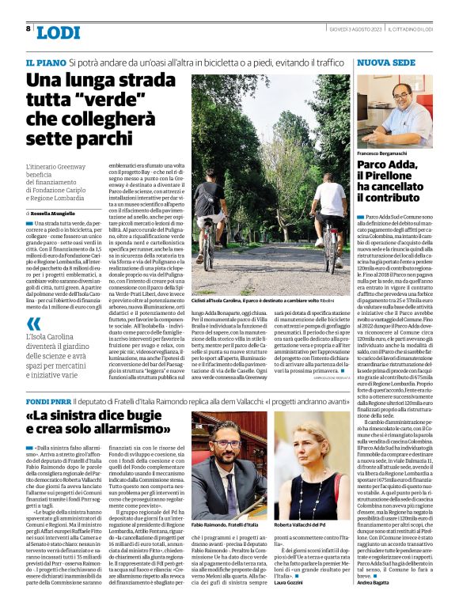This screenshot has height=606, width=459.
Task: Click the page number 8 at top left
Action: tap(28, 28)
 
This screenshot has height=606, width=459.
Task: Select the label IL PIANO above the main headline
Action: tap(44, 62)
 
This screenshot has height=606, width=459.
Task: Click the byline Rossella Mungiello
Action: tap(55, 213)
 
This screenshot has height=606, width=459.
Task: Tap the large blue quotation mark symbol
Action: tap(33, 324)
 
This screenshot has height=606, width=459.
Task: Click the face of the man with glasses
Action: tap(398, 99)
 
